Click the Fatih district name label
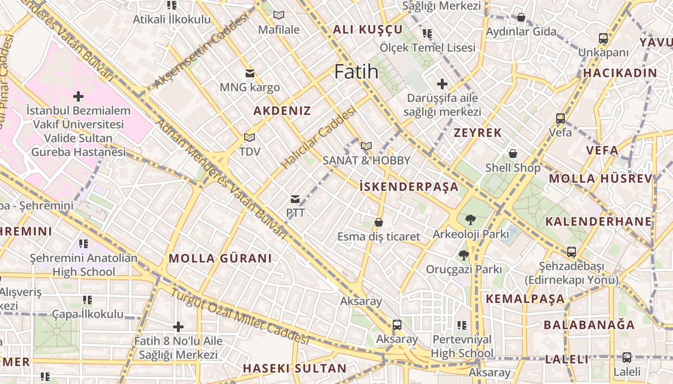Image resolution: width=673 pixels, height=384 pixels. point(356,72)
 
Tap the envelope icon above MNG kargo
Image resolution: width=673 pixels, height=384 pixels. point(249,73)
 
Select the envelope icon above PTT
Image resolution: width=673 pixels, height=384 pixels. point(295,199)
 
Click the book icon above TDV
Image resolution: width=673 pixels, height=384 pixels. point(249,138)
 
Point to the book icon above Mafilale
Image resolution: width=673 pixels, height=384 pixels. point(279,15)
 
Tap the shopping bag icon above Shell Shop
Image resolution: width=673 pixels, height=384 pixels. point(513,154)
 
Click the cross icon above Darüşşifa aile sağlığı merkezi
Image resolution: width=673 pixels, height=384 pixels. point(442,84)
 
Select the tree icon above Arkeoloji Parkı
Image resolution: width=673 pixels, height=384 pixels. point(471,220)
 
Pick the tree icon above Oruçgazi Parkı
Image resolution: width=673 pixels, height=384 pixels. point(463,255)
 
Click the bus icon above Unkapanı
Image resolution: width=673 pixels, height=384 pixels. point(603,38)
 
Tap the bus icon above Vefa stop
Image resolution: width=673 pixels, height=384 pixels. point(560,118)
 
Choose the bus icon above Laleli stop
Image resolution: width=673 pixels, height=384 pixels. point(627,358)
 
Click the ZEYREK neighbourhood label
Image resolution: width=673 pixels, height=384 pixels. point(478,133)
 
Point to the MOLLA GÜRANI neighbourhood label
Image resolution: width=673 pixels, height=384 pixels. point(220,258)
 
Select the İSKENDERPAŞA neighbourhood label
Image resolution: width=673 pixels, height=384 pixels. point(409,187)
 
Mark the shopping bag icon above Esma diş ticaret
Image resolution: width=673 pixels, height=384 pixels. point(379,222)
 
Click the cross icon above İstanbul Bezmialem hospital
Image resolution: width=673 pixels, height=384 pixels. point(78,96)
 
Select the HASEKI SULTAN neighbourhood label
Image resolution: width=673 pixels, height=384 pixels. point(294,369)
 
